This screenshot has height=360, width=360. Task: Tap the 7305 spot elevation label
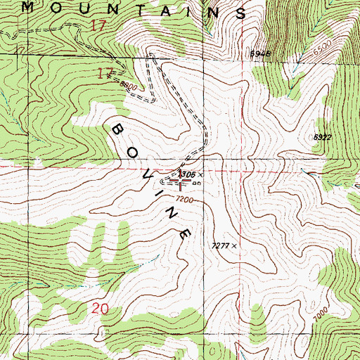tap(186, 173)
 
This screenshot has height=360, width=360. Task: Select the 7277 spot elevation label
tap(220, 245)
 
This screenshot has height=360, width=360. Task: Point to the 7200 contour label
tap(184, 200)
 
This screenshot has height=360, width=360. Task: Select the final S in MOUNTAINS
tap(241, 13)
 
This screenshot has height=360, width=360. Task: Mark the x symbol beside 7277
tap(235, 246)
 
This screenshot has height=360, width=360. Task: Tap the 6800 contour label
tap(128, 85)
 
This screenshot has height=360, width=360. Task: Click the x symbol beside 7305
tap(200, 174)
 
